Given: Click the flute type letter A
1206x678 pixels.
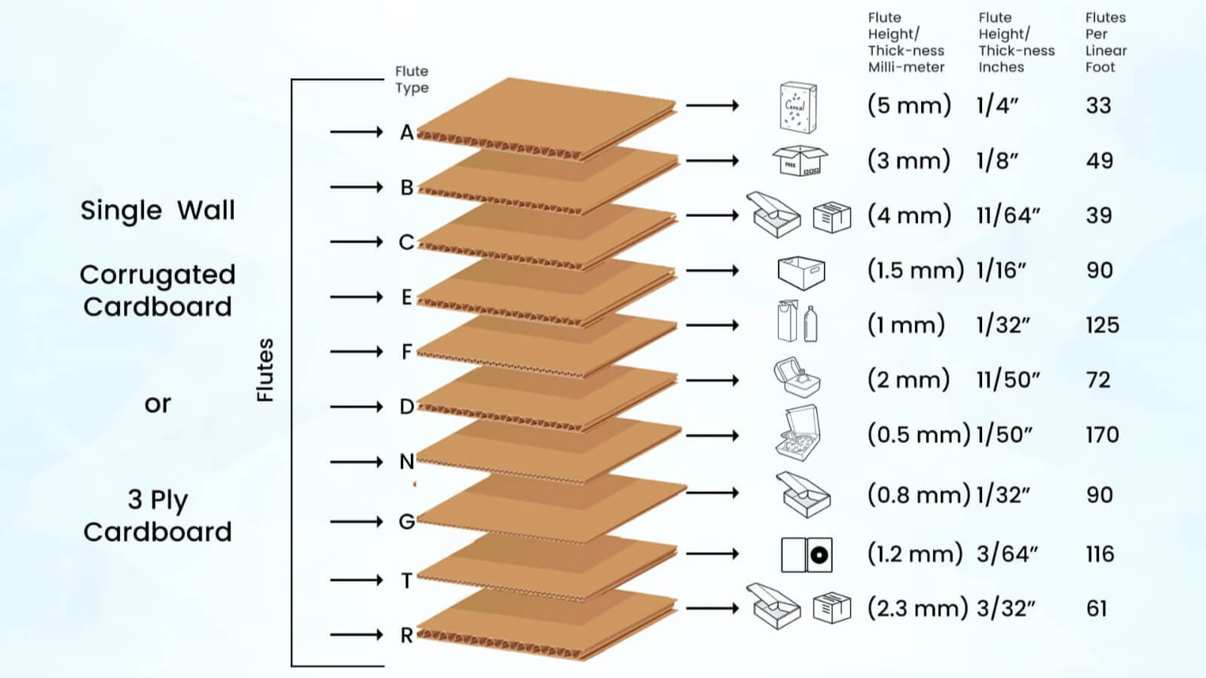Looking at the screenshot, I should (407, 133).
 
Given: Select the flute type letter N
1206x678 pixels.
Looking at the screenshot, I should (407, 462).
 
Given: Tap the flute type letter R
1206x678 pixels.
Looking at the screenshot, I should (407, 635).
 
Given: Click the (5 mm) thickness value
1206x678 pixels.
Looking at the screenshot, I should (909, 105).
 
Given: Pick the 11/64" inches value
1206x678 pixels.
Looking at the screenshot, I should (1008, 215).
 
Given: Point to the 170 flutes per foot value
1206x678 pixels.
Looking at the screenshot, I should (1102, 435).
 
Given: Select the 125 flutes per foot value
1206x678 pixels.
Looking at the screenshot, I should (1102, 325).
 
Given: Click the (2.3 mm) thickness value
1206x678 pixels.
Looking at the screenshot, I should (917, 608).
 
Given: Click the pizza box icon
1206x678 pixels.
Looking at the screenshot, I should (797, 434).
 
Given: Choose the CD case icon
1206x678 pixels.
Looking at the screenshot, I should (807, 555).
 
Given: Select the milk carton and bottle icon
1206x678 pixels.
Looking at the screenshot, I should (797, 322).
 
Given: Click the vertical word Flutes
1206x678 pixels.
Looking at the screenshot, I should (265, 370).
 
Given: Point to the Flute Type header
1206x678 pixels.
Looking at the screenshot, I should (412, 79).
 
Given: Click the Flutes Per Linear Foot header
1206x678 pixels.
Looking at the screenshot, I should (1105, 42).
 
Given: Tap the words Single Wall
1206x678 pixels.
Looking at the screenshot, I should (158, 210).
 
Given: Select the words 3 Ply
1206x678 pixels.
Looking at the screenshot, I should (158, 499).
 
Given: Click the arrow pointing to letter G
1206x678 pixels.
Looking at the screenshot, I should (357, 521).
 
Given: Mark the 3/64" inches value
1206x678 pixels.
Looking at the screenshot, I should (1007, 554).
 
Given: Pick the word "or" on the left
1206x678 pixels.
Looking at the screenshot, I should (158, 405).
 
